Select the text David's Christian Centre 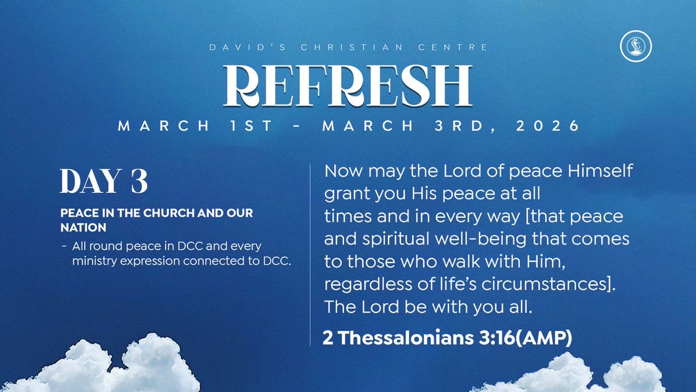click(348, 46)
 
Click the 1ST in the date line click(249, 126)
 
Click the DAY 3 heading click(104, 182)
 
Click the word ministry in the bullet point click(95, 261)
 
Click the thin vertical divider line click(311, 256)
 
